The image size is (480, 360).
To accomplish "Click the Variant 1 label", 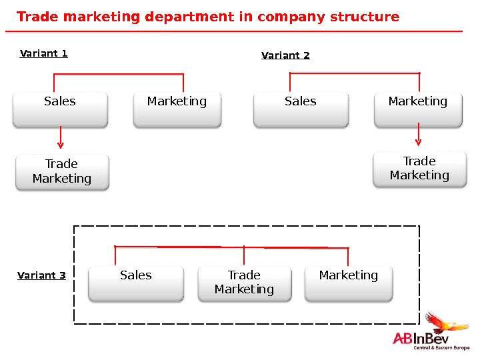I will click(44, 53).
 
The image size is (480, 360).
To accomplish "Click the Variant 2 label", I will click(285, 55).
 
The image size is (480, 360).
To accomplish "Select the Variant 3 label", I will click(41, 275).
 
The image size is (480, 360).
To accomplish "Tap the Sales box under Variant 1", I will click(60, 109).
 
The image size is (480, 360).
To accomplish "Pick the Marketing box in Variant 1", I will click(177, 109).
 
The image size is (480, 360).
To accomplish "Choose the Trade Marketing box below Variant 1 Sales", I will click(62, 172).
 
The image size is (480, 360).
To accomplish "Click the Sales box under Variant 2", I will click(301, 109).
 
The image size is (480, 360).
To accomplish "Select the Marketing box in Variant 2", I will click(418, 109).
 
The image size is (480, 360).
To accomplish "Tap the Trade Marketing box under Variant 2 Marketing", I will click(419, 169).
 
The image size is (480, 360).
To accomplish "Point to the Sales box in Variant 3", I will click(136, 283).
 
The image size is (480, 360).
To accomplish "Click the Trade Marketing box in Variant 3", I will click(244, 283).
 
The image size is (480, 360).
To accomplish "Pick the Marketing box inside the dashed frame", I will click(349, 283).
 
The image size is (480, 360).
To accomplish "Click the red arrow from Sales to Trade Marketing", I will click(61, 137).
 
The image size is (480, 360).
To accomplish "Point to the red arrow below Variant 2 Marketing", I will click(419, 134).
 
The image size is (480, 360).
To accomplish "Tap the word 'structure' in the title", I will click(365, 17).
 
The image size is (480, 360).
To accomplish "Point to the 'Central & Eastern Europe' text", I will click(441, 348).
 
